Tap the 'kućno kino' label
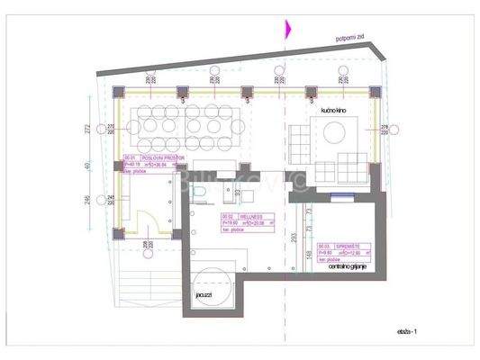point(333,111)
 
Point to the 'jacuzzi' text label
point(203,293)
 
